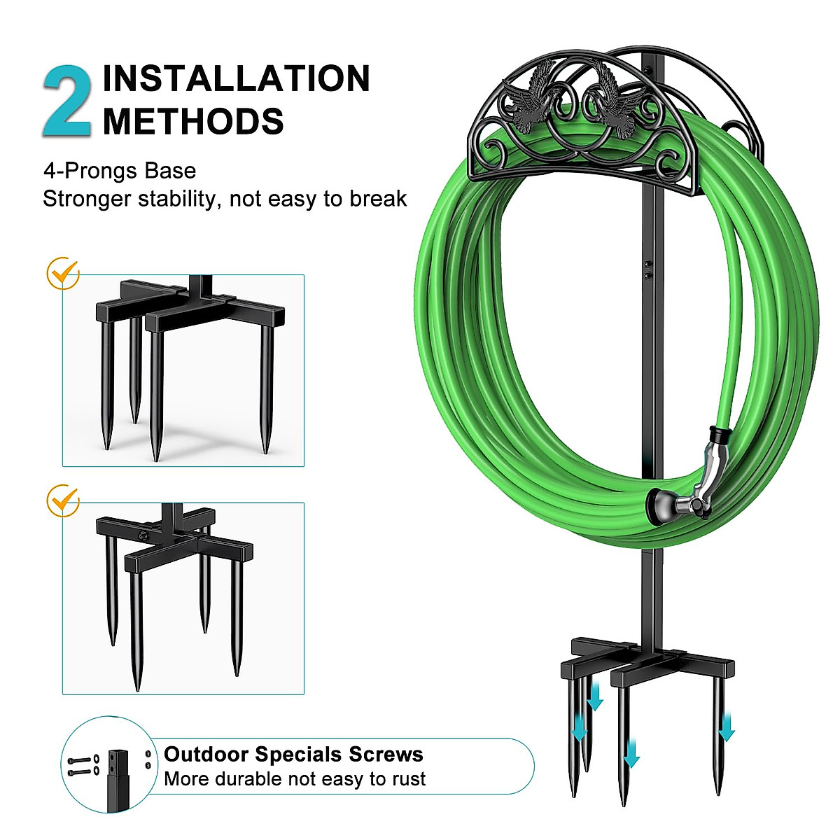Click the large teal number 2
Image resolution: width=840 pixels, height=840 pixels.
pyautogui.click(x=66, y=101)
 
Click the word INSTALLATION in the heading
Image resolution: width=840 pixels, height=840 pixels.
pyautogui.click(x=236, y=78)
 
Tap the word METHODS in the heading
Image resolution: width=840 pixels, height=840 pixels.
pyautogui.click(x=193, y=122)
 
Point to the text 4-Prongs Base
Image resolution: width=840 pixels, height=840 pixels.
pyautogui.click(x=119, y=171)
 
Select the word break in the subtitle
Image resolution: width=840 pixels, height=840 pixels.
pyautogui.click(x=378, y=199)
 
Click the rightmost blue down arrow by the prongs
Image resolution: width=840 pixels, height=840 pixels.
pyautogui.click(x=727, y=728)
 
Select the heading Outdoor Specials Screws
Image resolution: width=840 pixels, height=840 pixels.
pyautogui.click(x=293, y=755)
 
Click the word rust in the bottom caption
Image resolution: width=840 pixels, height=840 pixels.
pyautogui.click(x=409, y=779)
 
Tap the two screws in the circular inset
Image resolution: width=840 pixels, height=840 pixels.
pyautogui.click(x=81, y=765)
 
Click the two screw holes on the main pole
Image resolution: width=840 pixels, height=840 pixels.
pyautogui.click(x=648, y=270)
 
